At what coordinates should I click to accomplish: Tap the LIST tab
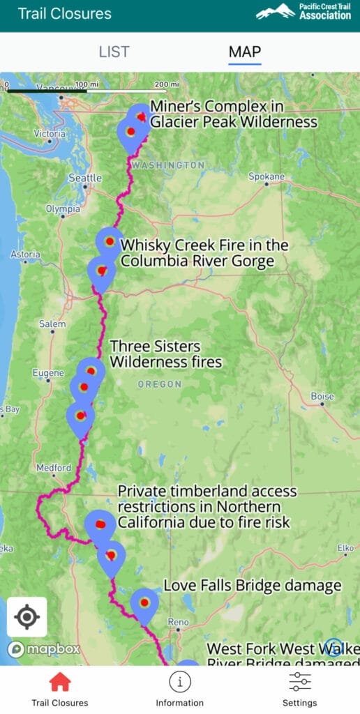pos(114,52)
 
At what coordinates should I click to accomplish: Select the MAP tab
pos(245,52)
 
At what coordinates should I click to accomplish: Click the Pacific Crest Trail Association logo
pos(303,12)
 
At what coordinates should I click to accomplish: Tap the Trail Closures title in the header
pos(64,13)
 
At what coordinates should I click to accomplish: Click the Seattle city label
pos(85,178)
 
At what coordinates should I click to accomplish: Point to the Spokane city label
pos(266,176)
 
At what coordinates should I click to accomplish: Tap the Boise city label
pos(322,396)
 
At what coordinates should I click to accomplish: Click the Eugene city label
pos(48,373)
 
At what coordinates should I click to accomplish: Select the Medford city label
pos(54,468)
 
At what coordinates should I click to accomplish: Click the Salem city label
pos(53,324)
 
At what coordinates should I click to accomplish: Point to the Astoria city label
pos(25,255)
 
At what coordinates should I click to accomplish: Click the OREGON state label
pos(159,384)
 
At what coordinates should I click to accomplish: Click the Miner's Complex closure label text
pos(233,114)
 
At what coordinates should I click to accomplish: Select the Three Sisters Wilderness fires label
pos(165,354)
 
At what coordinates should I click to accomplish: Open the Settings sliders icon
pos(299,681)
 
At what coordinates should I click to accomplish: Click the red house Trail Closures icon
pos(60,681)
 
